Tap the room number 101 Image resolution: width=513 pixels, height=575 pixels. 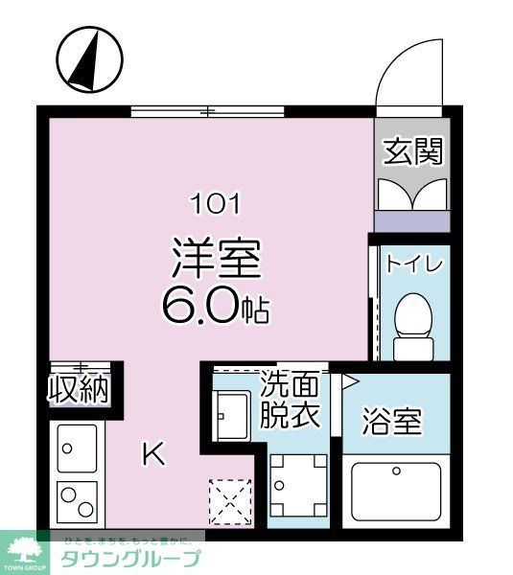click(216, 203)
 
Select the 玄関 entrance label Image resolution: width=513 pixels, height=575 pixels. click(413, 151)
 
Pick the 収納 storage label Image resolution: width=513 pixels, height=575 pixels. click(79, 391)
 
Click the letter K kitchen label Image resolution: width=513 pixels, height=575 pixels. click(152, 453)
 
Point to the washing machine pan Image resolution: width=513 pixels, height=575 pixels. click(297, 485)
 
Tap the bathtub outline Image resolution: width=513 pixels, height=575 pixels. click(395, 490)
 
